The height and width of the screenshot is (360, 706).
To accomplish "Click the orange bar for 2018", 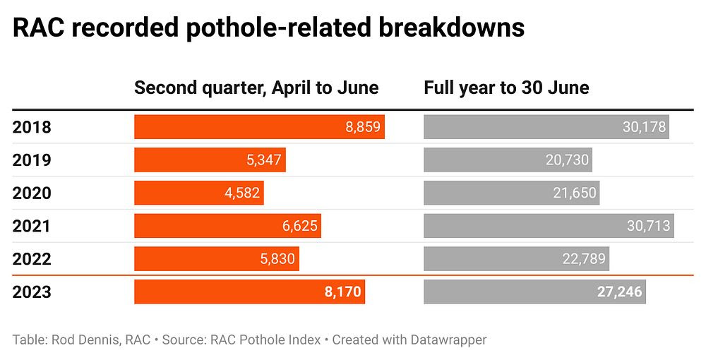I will click(259, 127).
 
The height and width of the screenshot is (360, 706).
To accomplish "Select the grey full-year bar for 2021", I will click(548, 226).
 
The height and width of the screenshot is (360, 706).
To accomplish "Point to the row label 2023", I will click(32, 292).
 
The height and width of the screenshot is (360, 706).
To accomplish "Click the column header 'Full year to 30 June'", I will click(506, 88).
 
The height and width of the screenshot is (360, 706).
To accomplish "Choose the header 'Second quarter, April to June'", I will click(256, 88).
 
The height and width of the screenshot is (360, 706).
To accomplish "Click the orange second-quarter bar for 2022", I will click(216, 259).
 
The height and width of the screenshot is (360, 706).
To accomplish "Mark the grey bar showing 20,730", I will click(508, 160).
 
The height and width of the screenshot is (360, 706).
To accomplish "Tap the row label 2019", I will click(32, 160).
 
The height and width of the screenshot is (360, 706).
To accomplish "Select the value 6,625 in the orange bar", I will click(300, 226).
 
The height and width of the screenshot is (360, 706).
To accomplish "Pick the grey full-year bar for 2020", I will click(511, 193).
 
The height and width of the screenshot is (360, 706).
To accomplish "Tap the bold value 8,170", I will click(343, 292).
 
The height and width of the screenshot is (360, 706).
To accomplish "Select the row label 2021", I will click(32, 226).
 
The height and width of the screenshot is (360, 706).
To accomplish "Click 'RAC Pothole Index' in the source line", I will click(266, 340).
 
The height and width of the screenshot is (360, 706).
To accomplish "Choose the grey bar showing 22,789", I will click(516, 259).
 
